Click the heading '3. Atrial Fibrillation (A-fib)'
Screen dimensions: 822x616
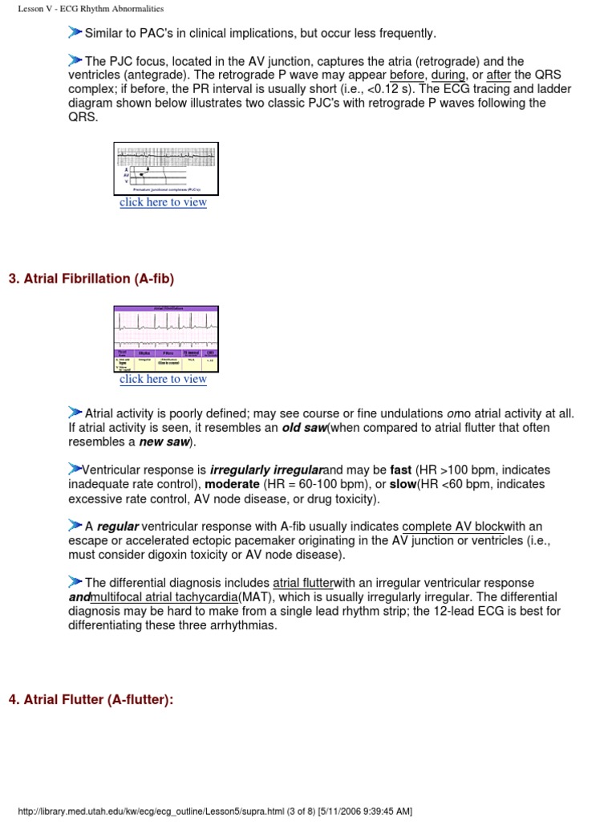point(91,279)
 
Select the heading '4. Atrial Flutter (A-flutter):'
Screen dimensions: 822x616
point(91,699)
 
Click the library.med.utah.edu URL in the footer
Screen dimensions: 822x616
point(209,811)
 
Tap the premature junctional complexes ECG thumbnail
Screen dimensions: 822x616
point(166,169)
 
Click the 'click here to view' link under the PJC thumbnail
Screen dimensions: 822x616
point(163,202)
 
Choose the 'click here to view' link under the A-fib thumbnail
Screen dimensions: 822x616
point(163,379)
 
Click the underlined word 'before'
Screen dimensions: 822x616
point(407,75)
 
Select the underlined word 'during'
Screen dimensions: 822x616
point(448,75)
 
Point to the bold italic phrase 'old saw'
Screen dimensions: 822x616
point(304,428)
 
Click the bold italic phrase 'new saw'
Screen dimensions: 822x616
point(164,442)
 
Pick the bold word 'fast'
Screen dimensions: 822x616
point(400,470)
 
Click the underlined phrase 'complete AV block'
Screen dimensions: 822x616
point(453,527)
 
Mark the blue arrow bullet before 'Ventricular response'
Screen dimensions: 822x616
point(75,469)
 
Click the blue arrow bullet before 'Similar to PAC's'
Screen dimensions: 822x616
point(75,32)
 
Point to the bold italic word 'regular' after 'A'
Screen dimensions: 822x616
point(118,527)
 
